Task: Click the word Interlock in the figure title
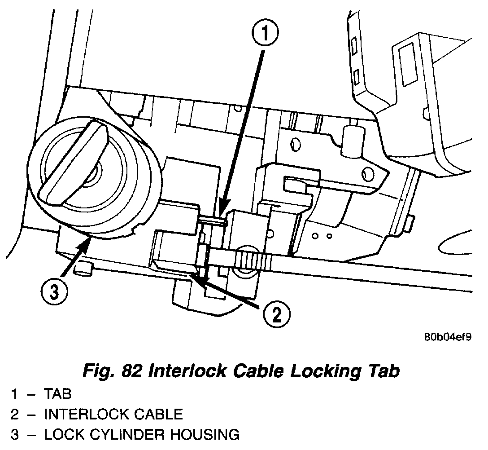[186, 371]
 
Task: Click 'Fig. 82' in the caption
[110, 371]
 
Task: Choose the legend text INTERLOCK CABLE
[113, 414]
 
